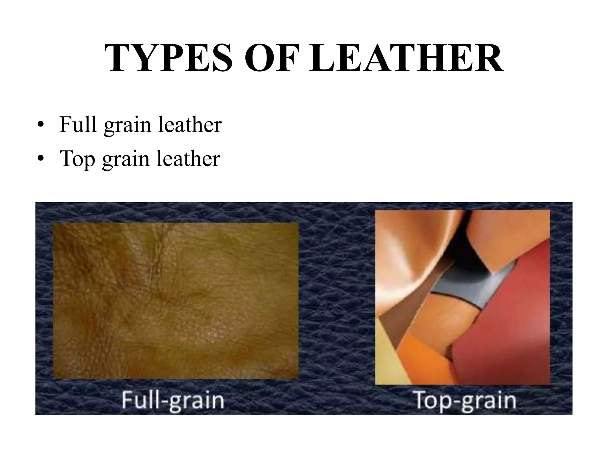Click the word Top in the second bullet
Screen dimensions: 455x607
[77, 159]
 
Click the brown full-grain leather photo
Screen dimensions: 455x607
[175, 301]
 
